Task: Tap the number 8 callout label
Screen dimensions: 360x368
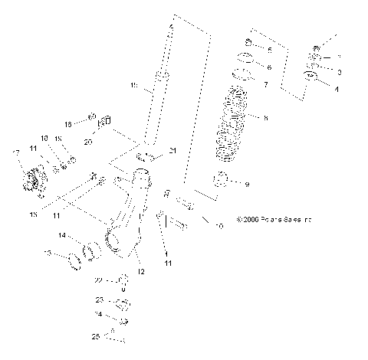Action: tap(265, 119)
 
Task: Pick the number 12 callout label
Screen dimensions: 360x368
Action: tap(140, 271)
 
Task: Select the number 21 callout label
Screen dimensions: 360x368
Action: tap(172, 152)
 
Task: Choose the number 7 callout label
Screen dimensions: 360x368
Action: tap(265, 83)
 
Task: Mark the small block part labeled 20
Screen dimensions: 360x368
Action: tap(107, 121)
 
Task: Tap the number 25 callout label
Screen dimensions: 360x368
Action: tap(97, 335)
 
